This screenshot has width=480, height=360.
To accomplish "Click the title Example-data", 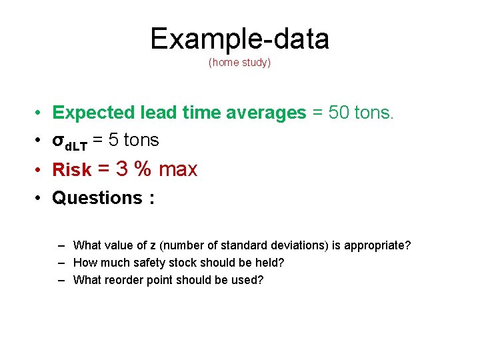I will pos(239,39).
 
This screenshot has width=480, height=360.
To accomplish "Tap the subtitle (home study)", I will pos(239,63).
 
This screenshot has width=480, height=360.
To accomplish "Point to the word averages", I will pos(266,113).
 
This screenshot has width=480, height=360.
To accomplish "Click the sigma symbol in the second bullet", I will pos(58,141).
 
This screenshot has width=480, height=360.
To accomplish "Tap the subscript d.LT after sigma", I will pos(76,145).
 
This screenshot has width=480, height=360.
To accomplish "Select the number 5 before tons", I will pos(115,140).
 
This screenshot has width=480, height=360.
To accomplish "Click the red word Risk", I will pos(71,170).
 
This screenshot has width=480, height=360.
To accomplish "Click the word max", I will pos(178,169).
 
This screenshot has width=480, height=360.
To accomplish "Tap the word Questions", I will pos(97,198).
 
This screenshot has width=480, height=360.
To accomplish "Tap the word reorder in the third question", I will pos(120,280).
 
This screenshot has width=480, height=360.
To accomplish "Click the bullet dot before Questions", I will pos(40,198).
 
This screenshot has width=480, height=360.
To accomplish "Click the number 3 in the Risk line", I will pos(122,169).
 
